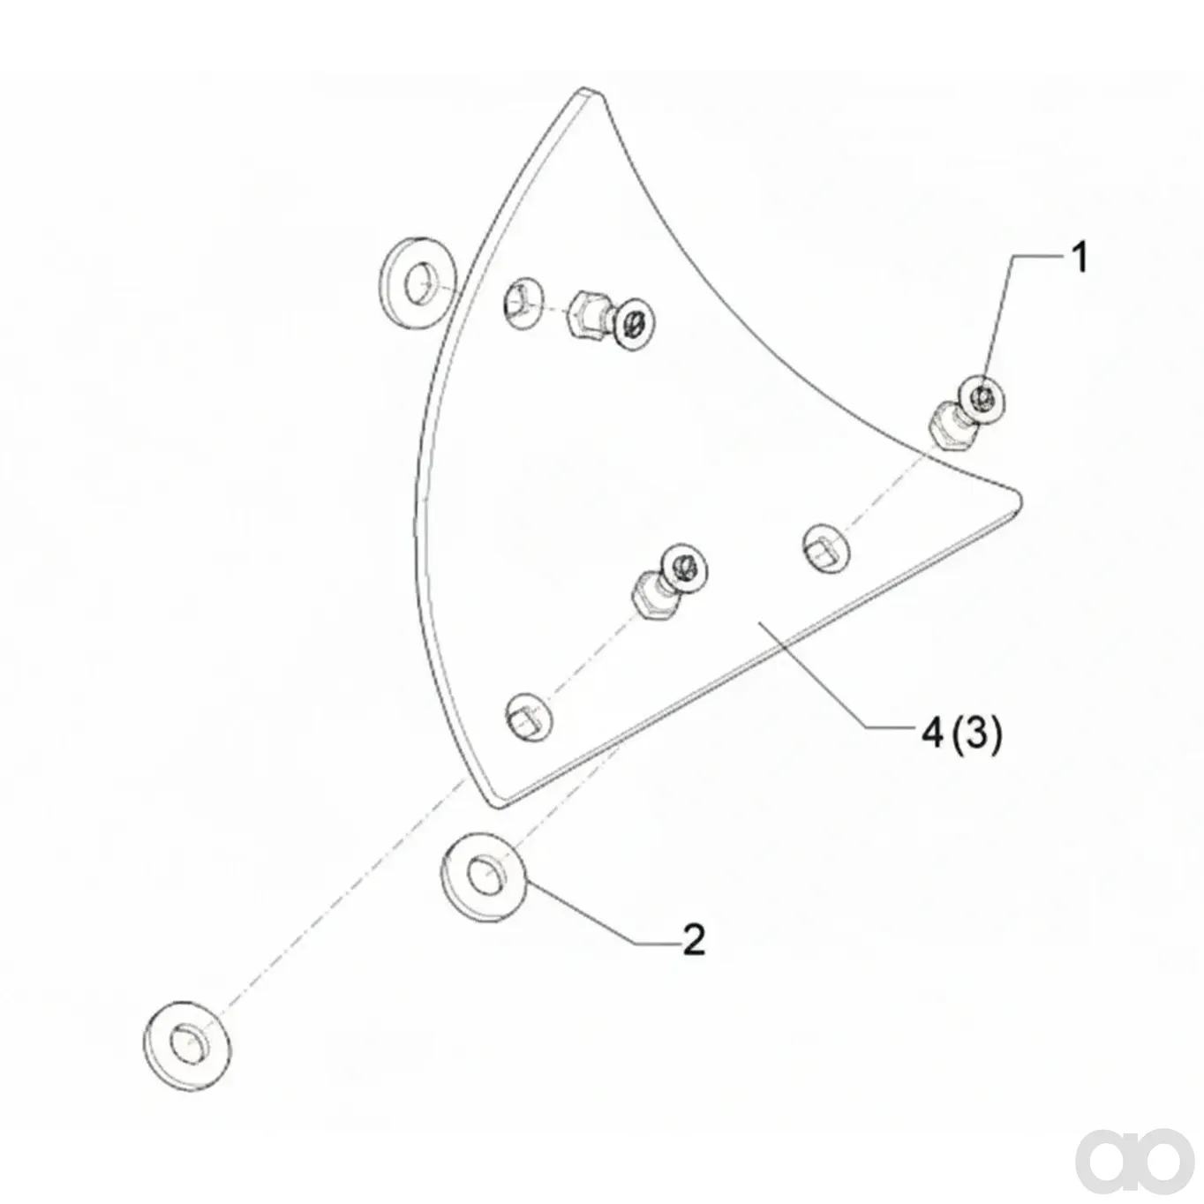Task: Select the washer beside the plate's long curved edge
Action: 419,283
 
